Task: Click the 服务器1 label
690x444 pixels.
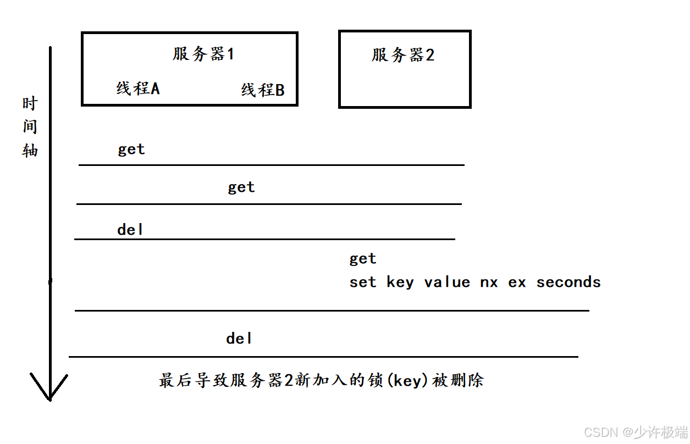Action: pyautogui.click(x=203, y=54)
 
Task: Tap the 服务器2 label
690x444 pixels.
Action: pyautogui.click(x=403, y=55)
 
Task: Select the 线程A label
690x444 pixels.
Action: pyautogui.click(x=138, y=88)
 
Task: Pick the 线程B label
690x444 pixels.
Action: pyautogui.click(x=263, y=90)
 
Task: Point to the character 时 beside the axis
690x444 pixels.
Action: pyautogui.click(x=30, y=104)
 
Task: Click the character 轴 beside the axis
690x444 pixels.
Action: pyautogui.click(x=30, y=150)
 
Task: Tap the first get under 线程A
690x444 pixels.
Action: pyautogui.click(x=131, y=149)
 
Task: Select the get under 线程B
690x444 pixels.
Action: pyautogui.click(x=241, y=187)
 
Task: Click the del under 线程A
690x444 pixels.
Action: pyautogui.click(x=130, y=230)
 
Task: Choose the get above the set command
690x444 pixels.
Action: pyautogui.click(x=363, y=259)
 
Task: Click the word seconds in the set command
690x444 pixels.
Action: pyautogui.click(x=568, y=282)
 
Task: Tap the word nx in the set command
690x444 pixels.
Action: pyautogui.click(x=489, y=282)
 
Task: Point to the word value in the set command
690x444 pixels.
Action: pyautogui.click(x=447, y=282)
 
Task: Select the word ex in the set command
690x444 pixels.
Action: pyautogui.click(x=517, y=282)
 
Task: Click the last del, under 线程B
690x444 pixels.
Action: pyautogui.click(x=239, y=338)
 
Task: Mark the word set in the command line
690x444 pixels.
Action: pyautogui.click(x=363, y=282)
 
